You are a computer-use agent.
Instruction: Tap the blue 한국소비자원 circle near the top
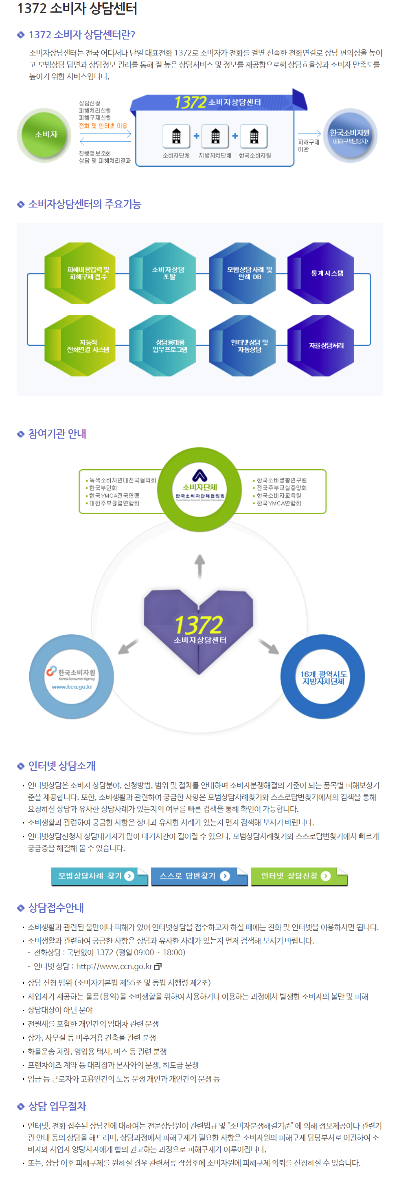[351, 136]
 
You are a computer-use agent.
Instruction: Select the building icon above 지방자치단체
[215, 136]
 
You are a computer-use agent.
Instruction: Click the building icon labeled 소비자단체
[176, 136]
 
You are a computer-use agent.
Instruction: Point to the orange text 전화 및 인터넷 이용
[103, 126]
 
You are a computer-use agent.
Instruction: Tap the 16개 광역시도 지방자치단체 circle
[323, 677]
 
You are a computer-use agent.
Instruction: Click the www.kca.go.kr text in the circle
[72, 687]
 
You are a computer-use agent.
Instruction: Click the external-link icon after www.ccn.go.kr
[158, 966]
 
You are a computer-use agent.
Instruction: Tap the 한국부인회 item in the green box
[103, 488]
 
